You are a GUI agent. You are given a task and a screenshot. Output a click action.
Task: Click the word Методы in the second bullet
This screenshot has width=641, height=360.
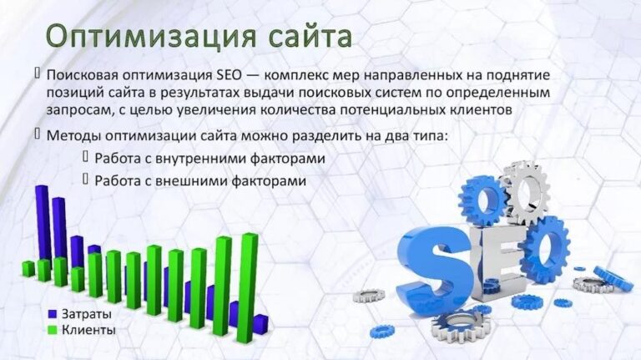point(72,134)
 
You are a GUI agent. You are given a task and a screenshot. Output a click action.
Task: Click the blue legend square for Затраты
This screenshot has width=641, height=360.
point(53,314)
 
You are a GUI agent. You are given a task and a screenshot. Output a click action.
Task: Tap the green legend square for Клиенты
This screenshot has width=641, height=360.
point(53,329)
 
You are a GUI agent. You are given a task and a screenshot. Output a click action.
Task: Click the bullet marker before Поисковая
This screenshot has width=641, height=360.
point(38,74)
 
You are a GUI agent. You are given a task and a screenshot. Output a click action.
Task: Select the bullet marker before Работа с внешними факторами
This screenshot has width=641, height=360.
point(85,179)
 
